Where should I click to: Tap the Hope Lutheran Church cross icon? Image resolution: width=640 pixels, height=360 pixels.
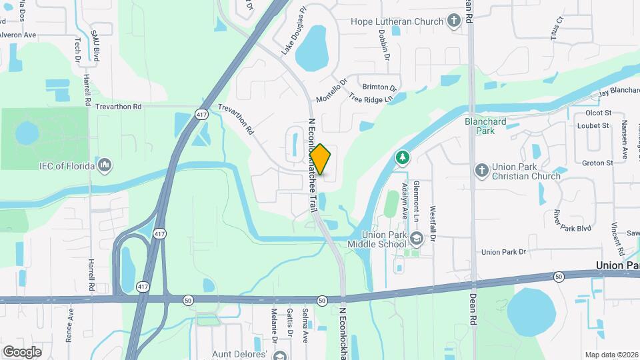pyautogui.click(x=454, y=21)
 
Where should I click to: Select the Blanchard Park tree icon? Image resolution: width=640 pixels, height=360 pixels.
pyautogui.click(x=402, y=157)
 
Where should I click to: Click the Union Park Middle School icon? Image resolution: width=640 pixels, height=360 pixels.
pyautogui.click(x=417, y=238)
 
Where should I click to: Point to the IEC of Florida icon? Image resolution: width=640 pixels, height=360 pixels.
pyautogui.click(x=103, y=164)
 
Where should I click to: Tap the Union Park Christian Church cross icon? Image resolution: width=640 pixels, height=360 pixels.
pyautogui.click(x=481, y=171)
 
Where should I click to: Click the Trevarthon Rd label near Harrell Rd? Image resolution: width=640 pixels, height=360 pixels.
pyautogui.click(x=119, y=107)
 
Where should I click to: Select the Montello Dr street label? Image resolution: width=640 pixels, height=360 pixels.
pyautogui.click(x=332, y=91)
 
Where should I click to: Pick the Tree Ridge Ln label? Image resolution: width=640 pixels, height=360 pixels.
pyautogui.click(x=371, y=97)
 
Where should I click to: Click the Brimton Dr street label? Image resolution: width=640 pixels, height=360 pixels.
pyautogui.click(x=379, y=87)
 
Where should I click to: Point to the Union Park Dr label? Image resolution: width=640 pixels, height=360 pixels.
pyautogui.click(x=504, y=252)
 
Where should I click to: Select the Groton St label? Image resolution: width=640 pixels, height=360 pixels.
pyautogui.click(x=597, y=163)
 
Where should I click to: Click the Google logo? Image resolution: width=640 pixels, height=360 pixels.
pyautogui.click(x=22, y=351)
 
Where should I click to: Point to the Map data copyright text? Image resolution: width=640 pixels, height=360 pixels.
pyautogui.click(x=611, y=354)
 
